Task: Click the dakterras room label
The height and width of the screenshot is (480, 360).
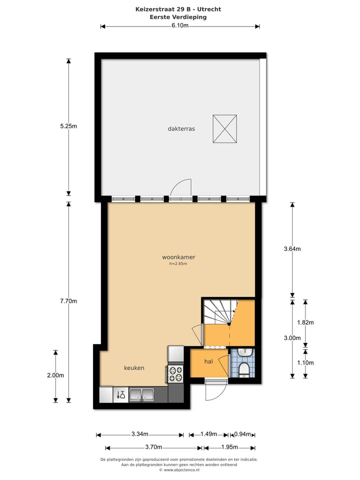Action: pyautogui.click(x=181, y=128)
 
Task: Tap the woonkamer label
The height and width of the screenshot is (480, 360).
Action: pyautogui.click(x=178, y=257)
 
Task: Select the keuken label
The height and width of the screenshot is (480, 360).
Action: pyautogui.click(x=134, y=368)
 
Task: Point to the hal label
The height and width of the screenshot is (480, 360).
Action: pyautogui.click(x=209, y=361)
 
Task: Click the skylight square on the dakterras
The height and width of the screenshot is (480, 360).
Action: pyautogui.click(x=224, y=129)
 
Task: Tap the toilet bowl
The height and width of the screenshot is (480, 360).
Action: pyautogui.click(x=244, y=369)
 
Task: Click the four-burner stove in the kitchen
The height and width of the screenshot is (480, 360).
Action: pyautogui.click(x=175, y=372)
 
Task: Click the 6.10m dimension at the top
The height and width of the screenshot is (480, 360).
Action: pyautogui.click(x=180, y=26)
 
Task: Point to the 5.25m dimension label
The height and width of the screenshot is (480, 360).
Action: pyautogui.click(x=68, y=126)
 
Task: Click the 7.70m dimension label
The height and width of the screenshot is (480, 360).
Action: pyautogui.click(x=68, y=301)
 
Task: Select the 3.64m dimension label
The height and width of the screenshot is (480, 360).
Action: pyautogui.click(x=292, y=249)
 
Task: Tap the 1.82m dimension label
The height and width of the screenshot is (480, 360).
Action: pyautogui.click(x=305, y=322)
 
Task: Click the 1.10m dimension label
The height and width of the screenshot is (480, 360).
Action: pyautogui.click(x=305, y=363)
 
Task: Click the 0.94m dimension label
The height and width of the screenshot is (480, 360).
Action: pyautogui.click(x=242, y=434)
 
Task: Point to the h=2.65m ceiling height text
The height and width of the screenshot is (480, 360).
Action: pyautogui.click(x=178, y=264)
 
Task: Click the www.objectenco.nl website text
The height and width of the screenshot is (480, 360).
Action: pyautogui.click(x=180, y=470)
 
